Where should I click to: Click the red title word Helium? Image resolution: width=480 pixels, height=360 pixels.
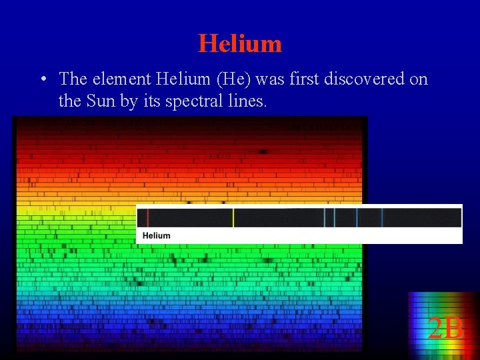coord(240,44)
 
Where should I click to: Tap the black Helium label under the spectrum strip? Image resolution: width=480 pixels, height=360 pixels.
coord(157,235)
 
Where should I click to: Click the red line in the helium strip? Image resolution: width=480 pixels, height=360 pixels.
coord(148,217)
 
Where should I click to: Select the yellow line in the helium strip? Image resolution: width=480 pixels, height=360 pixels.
coord(233,217)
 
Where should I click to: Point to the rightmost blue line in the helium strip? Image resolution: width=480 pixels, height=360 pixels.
coord(382,217)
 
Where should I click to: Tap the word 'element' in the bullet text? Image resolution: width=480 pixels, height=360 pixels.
coord(121,79)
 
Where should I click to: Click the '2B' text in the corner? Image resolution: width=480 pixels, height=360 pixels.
coord(445,329)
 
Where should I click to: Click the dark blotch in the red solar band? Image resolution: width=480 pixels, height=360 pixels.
coord(263,152)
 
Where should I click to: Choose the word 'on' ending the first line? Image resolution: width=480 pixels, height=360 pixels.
coord(419,79)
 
